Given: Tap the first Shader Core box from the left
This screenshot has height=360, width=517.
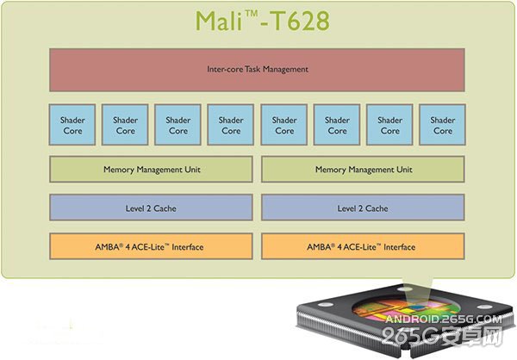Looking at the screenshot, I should [72, 126].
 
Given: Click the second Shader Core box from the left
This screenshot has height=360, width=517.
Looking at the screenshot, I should [125, 126].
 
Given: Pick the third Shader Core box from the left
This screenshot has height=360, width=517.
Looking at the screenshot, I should [178, 126].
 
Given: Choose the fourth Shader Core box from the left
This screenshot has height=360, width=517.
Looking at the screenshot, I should [231, 126].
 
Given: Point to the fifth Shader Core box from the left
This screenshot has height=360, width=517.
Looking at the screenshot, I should [284, 126].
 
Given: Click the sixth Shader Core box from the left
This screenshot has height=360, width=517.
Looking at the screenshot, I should [337, 126].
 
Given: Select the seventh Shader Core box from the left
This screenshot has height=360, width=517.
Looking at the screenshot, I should [389, 126].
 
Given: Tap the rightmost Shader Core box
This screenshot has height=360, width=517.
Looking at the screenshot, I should [442, 126].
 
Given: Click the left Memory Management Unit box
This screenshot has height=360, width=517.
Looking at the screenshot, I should [151, 170].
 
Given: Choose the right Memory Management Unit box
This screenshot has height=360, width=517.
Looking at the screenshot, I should [362, 170].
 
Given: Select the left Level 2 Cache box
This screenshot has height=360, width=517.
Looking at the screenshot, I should [151, 208].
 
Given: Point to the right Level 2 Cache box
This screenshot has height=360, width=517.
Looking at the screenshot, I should [362, 208].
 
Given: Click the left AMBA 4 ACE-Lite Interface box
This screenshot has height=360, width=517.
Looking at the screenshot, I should [151, 247].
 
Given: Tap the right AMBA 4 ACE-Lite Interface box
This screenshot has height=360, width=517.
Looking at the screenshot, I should [362, 247].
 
